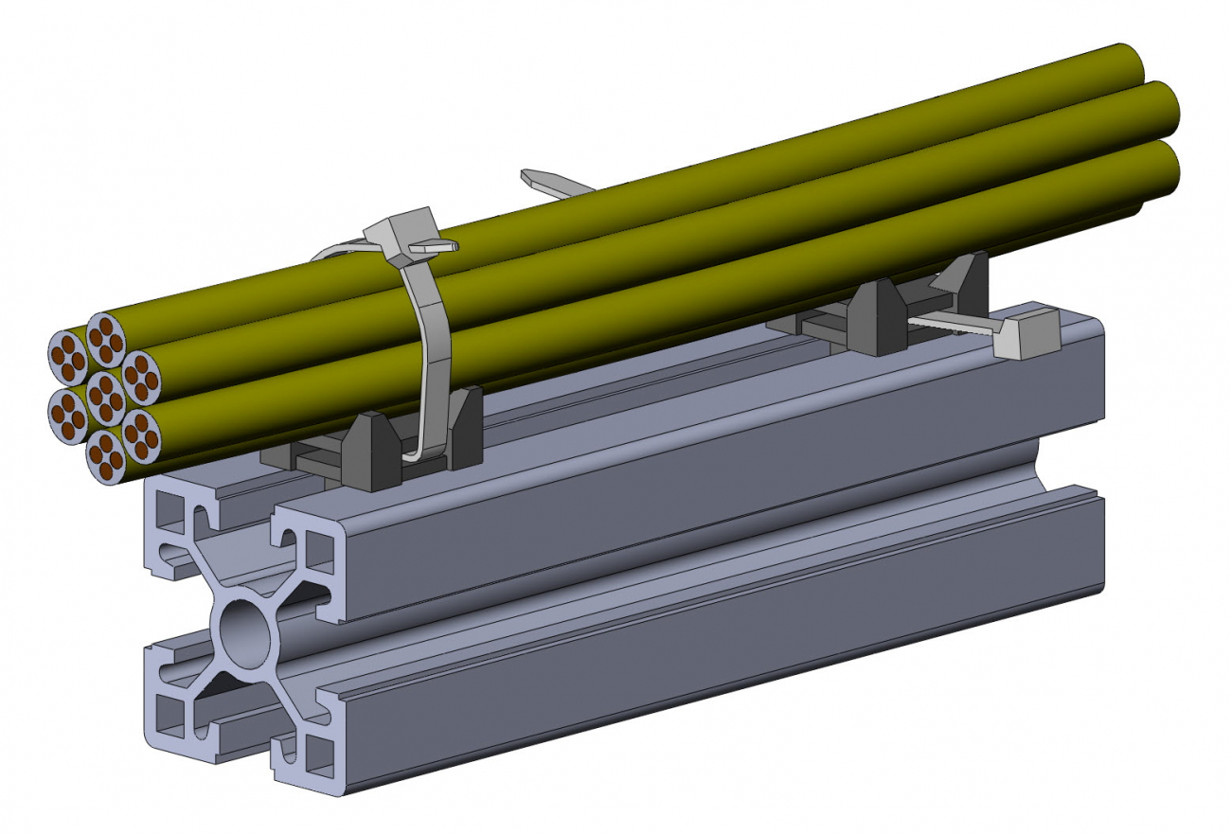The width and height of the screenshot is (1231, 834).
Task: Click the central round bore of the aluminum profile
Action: (x=245, y=629)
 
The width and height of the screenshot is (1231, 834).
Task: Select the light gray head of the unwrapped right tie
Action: (x=1026, y=336)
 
